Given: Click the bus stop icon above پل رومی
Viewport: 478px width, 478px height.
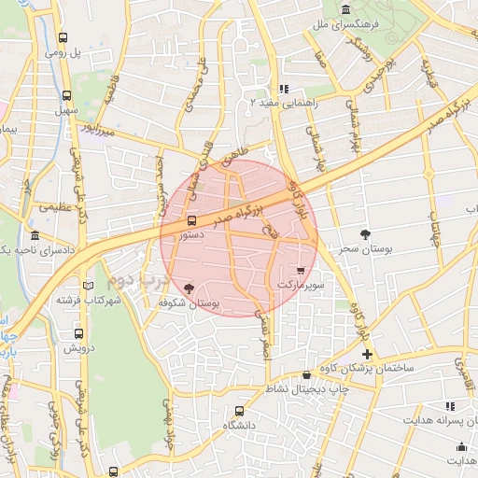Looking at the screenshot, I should (63, 38).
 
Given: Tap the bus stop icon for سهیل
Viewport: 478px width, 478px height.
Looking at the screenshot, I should (66, 94).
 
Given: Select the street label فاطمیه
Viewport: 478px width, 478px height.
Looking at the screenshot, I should (114, 91).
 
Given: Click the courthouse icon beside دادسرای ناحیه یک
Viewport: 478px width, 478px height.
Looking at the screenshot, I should (35, 235).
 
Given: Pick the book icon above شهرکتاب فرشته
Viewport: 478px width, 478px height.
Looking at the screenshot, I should (89, 285).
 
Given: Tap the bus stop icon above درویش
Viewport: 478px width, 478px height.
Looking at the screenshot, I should (77, 333).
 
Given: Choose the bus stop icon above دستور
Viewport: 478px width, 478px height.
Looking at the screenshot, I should (191, 221).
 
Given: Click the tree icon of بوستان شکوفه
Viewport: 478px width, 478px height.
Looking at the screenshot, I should (190, 288).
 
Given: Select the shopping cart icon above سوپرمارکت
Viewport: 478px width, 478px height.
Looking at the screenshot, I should (301, 267).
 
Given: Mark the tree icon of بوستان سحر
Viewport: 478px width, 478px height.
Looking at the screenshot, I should (364, 235).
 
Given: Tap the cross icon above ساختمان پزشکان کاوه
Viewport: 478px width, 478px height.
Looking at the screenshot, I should (368, 354).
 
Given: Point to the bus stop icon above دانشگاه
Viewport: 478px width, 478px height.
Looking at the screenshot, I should (240, 411).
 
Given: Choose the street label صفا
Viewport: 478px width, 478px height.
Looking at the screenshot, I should (320, 63).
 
